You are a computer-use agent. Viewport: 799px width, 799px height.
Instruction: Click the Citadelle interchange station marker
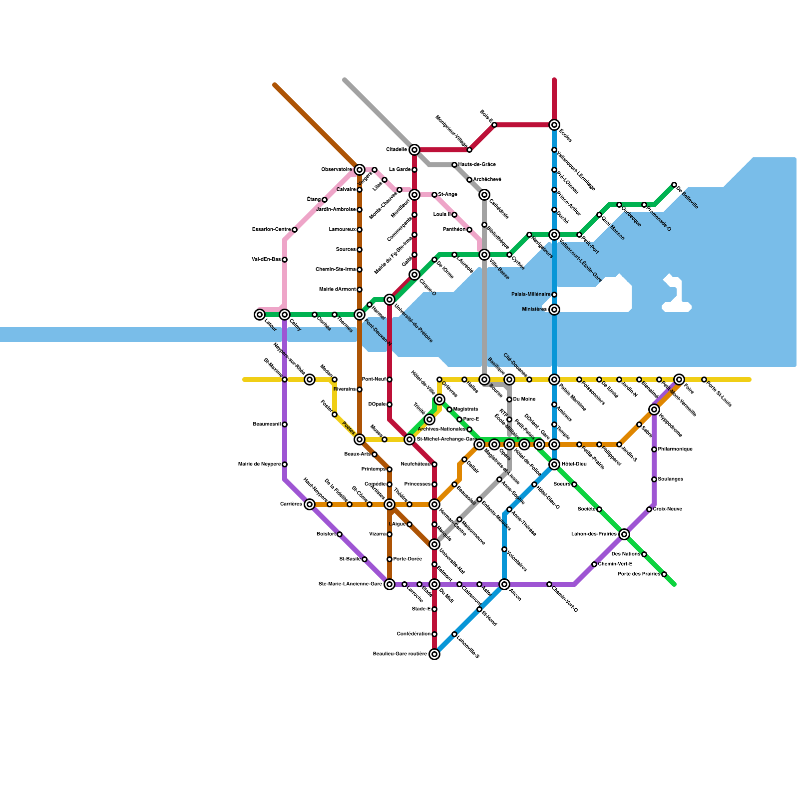click(414, 150)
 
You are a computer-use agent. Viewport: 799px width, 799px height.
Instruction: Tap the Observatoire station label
click(336, 170)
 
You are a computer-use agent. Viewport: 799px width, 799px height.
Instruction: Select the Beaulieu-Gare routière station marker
click(434, 654)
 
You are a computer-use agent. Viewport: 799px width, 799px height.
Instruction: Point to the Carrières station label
click(291, 504)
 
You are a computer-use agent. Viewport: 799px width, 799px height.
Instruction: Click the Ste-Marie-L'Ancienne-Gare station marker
click(390, 584)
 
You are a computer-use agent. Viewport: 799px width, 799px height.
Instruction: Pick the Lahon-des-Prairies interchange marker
click(624, 534)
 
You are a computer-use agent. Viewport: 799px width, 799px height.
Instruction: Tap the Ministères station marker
click(554, 310)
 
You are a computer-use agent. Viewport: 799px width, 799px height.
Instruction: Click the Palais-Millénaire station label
click(530, 295)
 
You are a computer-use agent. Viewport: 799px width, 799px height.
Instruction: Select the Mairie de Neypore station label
click(259, 464)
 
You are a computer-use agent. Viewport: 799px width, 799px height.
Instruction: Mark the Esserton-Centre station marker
click(295, 230)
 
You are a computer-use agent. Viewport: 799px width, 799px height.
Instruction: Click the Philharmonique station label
click(675, 449)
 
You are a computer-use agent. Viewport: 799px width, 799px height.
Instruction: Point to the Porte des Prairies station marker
click(664, 574)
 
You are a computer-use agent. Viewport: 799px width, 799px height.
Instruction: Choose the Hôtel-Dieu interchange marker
click(554, 464)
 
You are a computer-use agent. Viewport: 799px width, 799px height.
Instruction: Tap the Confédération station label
click(413, 634)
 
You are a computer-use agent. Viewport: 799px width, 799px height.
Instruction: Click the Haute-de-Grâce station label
click(477, 165)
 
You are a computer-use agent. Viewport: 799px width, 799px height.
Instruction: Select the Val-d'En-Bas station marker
click(285, 260)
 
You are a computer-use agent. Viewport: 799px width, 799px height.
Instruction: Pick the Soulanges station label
click(670, 479)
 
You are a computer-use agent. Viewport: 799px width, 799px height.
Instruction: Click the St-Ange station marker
click(434, 195)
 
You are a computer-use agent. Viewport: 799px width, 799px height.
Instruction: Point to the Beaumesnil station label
click(267, 424)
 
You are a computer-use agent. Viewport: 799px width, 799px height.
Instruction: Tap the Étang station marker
click(325, 200)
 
